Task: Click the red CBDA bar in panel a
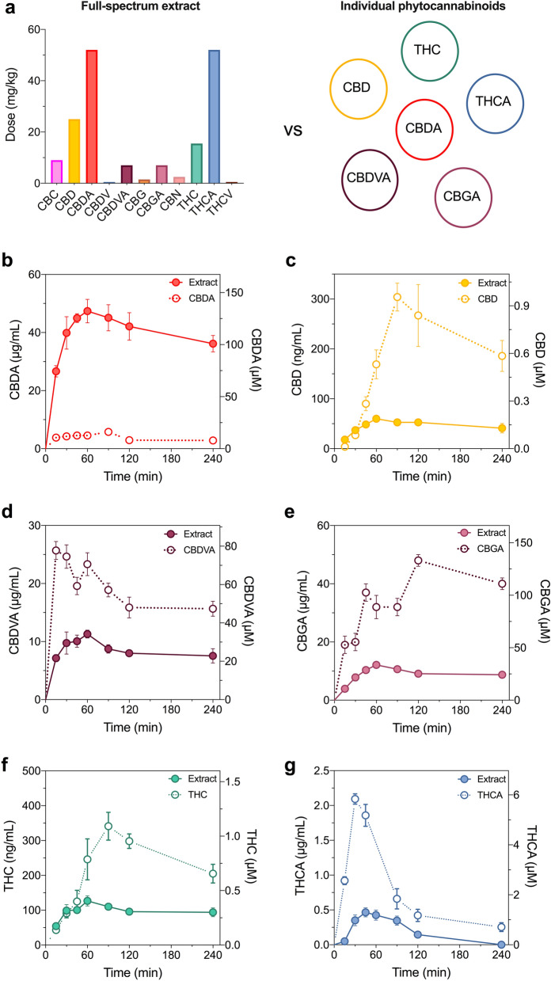[92, 116]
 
